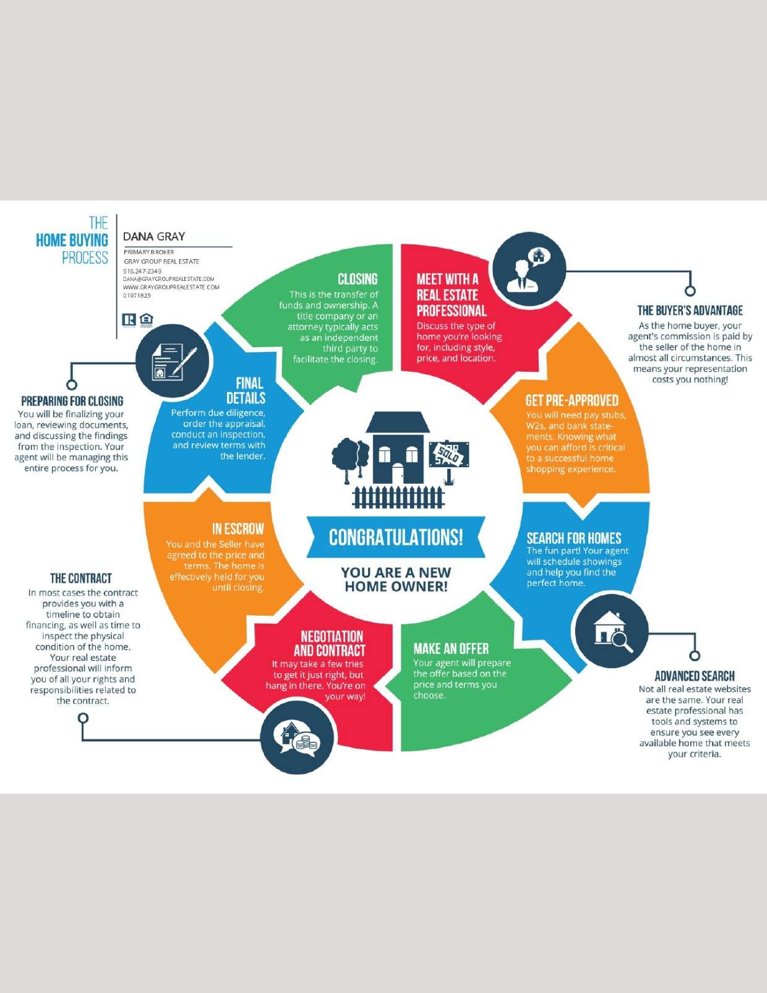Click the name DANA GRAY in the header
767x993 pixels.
154,236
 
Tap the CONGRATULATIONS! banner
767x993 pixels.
395,537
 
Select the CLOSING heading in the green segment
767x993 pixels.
357,279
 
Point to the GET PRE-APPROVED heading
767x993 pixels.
572,400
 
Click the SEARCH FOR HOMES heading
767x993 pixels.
573,538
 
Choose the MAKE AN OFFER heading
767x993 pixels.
451,648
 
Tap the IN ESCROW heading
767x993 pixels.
238,529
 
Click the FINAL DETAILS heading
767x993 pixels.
246,390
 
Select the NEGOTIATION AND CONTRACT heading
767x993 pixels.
330,643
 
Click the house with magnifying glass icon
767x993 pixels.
612,630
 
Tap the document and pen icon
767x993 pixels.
173,361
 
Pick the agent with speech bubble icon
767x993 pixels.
529,269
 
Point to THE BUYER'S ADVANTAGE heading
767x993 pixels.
690,311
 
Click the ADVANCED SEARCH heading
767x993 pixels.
694,676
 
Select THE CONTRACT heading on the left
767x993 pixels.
81,578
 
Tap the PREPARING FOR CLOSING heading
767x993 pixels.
72,401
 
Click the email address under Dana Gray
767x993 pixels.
168,279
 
